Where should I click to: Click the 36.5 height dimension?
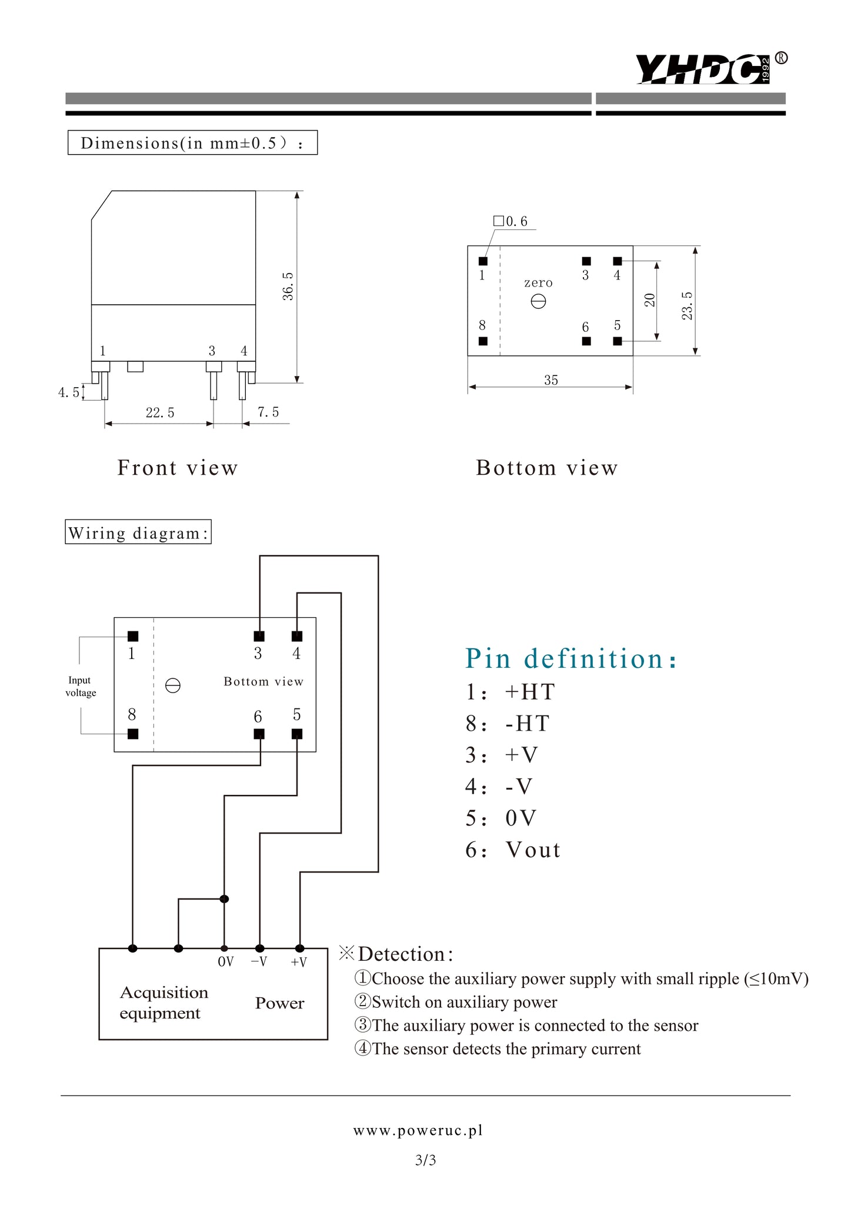(x=288, y=286)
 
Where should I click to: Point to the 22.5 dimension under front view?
(x=160, y=413)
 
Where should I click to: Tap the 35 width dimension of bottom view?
(x=550, y=381)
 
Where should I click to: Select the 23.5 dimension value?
(x=687, y=306)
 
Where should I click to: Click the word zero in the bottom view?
(x=538, y=283)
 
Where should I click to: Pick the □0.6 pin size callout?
(x=510, y=221)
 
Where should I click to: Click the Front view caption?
(x=178, y=468)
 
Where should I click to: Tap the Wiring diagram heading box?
(x=138, y=533)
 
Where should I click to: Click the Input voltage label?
(x=81, y=687)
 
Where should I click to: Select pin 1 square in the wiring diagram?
(x=133, y=636)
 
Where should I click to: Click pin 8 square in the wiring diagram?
(x=133, y=734)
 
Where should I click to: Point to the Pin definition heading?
(x=570, y=658)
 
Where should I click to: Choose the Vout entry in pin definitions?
(x=532, y=850)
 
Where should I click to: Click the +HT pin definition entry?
(x=529, y=692)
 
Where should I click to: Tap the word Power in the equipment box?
(x=279, y=1003)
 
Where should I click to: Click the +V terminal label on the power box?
(x=299, y=963)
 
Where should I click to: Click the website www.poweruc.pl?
(x=418, y=1130)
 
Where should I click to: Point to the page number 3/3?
(x=425, y=1160)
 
